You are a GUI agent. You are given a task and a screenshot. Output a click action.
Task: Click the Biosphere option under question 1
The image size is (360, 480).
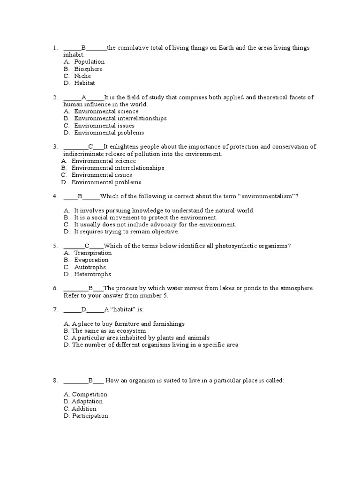tap(88, 69)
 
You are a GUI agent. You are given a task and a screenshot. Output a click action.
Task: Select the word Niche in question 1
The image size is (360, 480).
tap(82, 76)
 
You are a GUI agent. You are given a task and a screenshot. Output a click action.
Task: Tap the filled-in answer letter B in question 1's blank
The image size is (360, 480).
tap(83, 48)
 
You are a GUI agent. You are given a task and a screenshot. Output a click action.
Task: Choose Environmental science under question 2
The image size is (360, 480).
tap(106, 112)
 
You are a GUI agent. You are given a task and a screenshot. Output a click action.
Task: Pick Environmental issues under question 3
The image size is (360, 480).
tap(102, 175)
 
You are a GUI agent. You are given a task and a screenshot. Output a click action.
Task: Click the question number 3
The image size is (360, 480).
tap(55, 147)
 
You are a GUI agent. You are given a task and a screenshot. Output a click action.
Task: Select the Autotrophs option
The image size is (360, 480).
tap(90, 267)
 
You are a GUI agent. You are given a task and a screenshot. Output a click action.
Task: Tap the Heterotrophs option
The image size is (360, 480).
tap(92, 274)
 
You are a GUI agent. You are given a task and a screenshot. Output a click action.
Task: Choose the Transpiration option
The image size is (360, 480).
tap(93, 253)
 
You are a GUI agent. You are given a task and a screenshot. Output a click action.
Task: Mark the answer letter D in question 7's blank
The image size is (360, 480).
tap(84, 310)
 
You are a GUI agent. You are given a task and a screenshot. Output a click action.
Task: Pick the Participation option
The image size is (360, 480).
tap(90, 416)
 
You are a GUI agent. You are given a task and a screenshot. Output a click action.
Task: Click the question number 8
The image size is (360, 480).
tap(55, 381)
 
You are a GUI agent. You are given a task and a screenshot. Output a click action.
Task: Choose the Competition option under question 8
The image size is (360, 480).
tap(89, 395)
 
